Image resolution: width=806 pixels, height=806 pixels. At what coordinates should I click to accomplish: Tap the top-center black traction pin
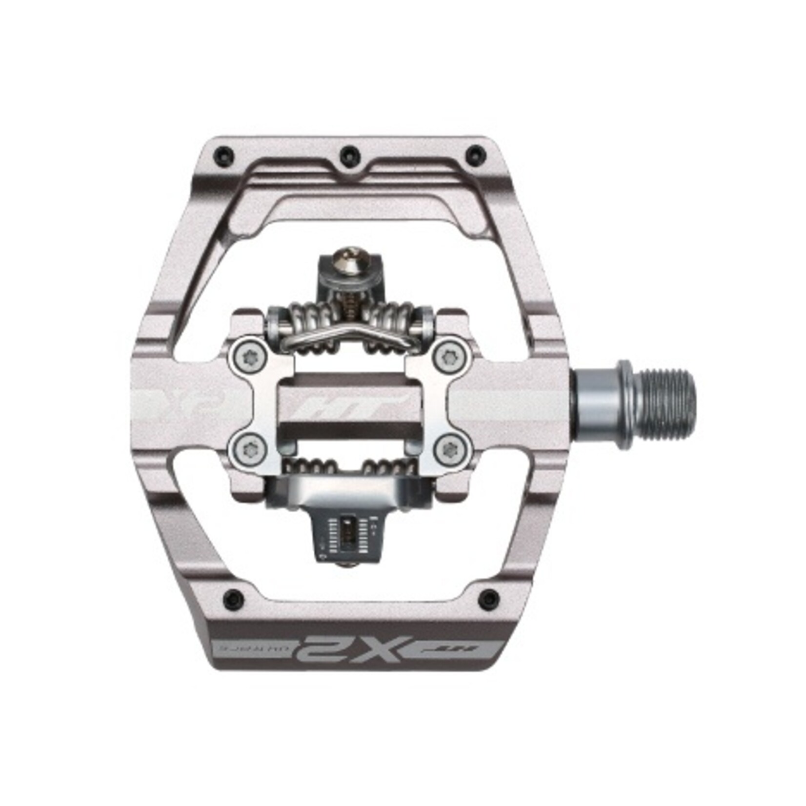tap(348, 152)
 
